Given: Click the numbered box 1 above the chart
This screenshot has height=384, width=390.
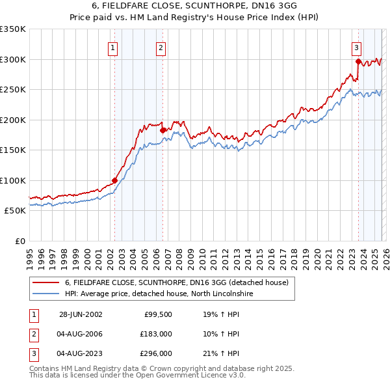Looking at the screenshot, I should (x=113, y=47).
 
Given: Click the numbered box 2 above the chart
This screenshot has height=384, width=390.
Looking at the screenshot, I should (x=161, y=47).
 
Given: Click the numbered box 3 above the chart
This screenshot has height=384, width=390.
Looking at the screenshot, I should (x=357, y=47).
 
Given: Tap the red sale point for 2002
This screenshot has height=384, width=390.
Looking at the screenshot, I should (x=114, y=180).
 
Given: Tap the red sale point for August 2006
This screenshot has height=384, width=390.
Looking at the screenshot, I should (x=162, y=130).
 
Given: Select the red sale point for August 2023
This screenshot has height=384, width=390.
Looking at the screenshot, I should (x=358, y=62).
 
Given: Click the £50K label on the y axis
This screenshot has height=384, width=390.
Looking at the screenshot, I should (x=15, y=211).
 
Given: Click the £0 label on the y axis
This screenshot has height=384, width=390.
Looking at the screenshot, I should (x=19, y=241).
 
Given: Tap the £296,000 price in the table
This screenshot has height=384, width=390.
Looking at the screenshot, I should (x=156, y=354).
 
